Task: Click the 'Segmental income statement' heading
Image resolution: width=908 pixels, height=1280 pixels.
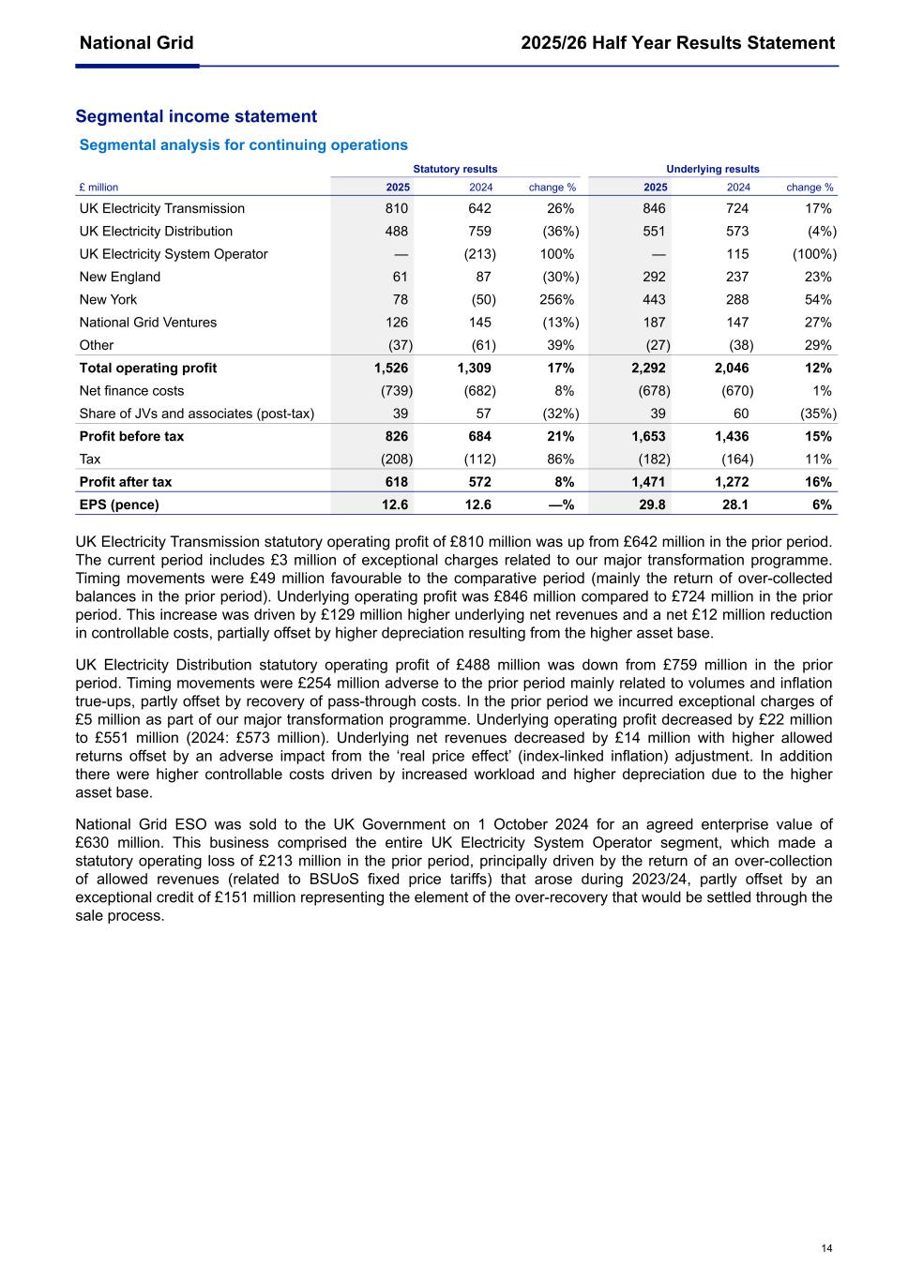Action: (x=196, y=116)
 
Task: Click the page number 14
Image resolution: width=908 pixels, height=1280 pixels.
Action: (x=825, y=1247)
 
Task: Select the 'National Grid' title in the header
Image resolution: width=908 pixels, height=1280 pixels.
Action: (x=137, y=43)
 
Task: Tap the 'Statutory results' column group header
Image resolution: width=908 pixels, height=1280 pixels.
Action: (x=455, y=169)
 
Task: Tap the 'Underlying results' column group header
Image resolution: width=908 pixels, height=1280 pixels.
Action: (x=712, y=169)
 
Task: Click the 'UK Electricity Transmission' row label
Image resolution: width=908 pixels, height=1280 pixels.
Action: (x=161, y=208)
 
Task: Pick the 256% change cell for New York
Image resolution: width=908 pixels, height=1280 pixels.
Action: (x=556, y=299)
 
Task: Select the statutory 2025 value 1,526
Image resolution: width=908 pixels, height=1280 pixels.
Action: (x=390, y=368)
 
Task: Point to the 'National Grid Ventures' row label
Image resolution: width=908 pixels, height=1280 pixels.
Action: (x=147, y=322)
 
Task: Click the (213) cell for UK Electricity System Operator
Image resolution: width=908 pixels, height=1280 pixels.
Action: (x=479, y=254)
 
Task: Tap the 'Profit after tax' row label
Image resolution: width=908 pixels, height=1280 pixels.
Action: (x=126, y=482)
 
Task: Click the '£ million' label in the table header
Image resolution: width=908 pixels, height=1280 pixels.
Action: (x=98, y=188)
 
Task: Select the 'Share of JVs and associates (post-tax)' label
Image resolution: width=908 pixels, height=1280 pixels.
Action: (x=197, y=414)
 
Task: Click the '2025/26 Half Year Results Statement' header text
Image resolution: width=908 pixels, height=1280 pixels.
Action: (x=677, y=43)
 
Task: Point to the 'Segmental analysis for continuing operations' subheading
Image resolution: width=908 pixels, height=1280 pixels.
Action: (x=243, y=144)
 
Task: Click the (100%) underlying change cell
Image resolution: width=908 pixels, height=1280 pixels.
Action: (x=814, y=254)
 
